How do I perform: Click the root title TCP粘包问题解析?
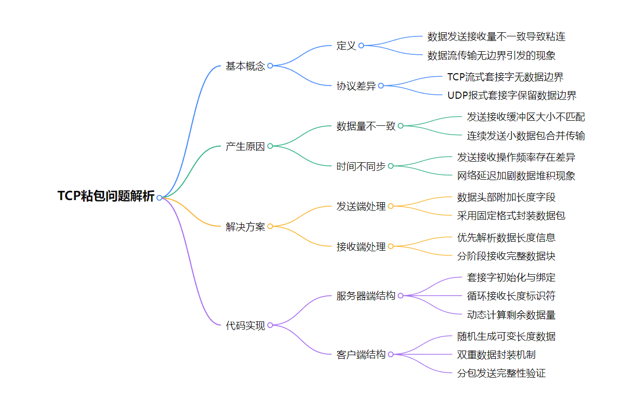click(106, 197)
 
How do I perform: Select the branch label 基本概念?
click(246, 66)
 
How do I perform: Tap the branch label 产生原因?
click(246, 146)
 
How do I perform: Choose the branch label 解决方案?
click(246, 227)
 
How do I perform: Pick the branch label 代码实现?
click(246, 325)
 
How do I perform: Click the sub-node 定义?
click(346, 46)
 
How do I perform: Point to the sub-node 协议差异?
click(356, 86)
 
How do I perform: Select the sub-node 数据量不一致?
click(366, 126)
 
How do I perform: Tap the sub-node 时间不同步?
click(361, 166)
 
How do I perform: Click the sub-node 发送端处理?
click(361, 207)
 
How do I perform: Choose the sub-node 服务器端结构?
click(366, 296)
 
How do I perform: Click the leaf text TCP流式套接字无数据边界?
click(505, 77)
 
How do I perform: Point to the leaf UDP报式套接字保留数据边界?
click(512, 95)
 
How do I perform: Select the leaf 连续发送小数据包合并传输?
click(526, 136)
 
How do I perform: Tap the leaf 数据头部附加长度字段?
click(506, 197)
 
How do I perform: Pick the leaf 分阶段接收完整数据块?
click(506, 256)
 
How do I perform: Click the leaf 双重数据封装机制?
click(496, 355)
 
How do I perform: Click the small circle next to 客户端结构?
click(391, 355)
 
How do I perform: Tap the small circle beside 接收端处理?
click(391, 247)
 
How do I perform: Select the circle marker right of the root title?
click(159, 198)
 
